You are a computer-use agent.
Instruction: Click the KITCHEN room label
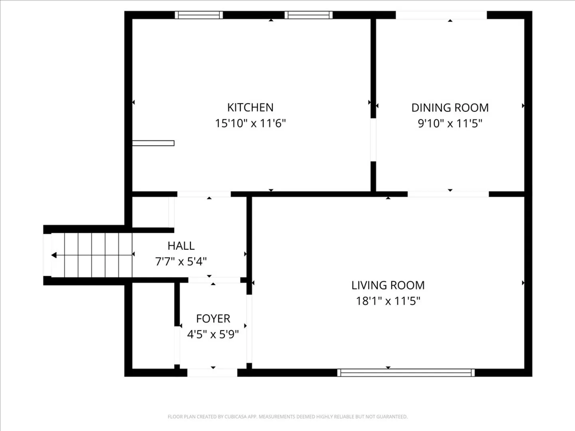click(250, 108)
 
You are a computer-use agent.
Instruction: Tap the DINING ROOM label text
click(450, 108)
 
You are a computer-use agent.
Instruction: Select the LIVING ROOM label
click(388, 285)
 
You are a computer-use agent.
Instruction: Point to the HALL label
click(181, 246)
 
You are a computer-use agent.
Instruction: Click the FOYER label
click(213, 318)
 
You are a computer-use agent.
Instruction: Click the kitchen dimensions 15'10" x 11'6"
click(250, 123)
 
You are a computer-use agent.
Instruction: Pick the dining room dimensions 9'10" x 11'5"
click(450, 123)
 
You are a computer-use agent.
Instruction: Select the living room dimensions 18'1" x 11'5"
click(388, 301)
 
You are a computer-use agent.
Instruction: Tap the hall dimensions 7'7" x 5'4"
click(181, 261)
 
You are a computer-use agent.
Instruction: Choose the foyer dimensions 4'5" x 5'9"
click(213, 334)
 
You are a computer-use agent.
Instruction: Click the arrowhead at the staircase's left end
click(54, 255)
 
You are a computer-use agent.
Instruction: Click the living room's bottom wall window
click(406, 373)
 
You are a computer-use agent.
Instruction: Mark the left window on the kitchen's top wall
click(199, 15)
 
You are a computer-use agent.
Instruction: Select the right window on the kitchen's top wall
click(309, 15)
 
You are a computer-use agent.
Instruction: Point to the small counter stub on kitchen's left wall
click(153, 143)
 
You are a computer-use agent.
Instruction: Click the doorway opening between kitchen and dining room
click(373, 140)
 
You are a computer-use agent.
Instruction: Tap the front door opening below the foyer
click(212, 373)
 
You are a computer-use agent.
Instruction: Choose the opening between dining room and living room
click(448, 194)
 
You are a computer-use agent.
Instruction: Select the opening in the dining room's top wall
click(441, 15)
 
